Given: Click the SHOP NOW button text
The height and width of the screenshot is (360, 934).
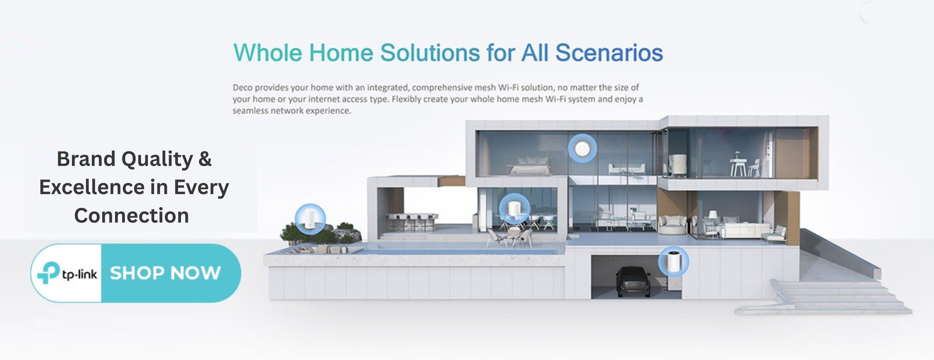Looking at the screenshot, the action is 165,273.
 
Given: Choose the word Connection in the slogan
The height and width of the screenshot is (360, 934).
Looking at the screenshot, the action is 132,216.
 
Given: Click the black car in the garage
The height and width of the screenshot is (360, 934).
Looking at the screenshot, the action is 633,281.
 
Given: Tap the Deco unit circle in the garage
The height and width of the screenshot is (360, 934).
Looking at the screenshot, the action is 673,262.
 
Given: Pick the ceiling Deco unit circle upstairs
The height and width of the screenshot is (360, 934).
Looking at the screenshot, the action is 582,148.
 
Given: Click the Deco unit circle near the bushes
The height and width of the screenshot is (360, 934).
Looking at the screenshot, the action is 310,219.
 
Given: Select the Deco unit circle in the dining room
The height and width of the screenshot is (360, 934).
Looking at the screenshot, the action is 514,209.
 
